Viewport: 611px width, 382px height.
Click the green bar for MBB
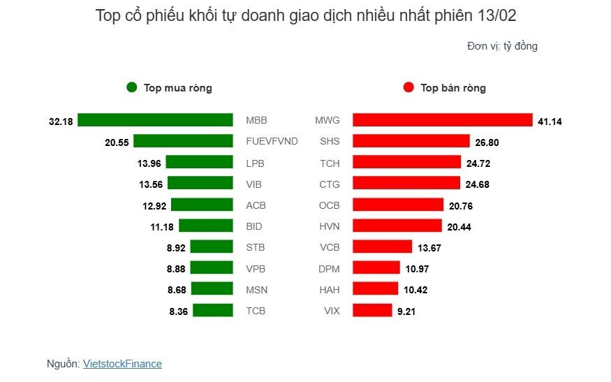click(x=155, y=120)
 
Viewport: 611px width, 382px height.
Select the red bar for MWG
click(x=443, y=120)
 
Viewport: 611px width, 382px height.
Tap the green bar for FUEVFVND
click(x=183, y=141)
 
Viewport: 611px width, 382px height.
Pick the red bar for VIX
click(x=372, y=311)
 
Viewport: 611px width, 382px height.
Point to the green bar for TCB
click(x=213, y=311)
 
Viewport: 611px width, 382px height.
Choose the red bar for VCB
click(x=383, y=247)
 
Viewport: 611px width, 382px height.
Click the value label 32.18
click(x=61, y=122)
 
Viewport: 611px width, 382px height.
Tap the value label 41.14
click(x=550, y=122)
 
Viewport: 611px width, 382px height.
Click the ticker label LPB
click(x=256, y=163)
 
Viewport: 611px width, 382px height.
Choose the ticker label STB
click(x=256, y=247)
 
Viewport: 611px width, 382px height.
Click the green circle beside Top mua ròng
click(x=132, y=88)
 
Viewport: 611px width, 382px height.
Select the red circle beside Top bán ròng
click(x=408, y=88)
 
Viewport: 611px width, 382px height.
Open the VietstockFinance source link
click(x=122, y=364)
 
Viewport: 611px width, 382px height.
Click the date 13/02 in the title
click(x=497, y=16)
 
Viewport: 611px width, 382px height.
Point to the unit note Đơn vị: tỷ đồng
click(x=502, y=46)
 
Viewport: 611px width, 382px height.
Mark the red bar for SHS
click(x=411, y=141)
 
